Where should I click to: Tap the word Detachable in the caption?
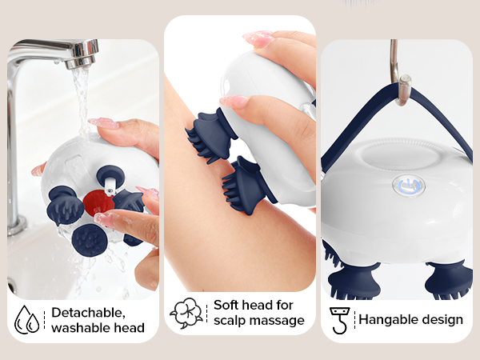88,312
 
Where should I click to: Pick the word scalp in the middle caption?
231,320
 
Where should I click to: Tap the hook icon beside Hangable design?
340,319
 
